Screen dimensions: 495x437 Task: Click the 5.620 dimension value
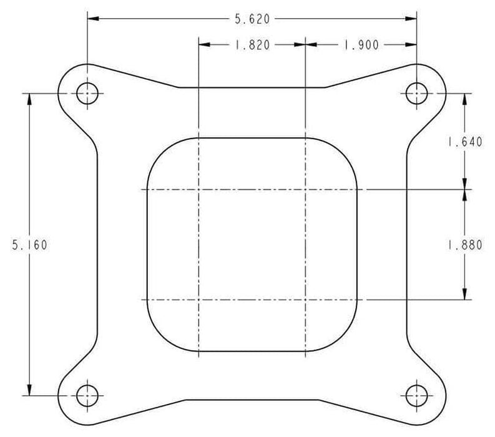252,19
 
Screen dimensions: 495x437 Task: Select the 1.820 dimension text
252,45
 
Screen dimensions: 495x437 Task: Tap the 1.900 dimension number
361,45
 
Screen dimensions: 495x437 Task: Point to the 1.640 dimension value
465,142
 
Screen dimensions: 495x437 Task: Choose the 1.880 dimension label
465,245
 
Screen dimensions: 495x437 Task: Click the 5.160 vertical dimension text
30,245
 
